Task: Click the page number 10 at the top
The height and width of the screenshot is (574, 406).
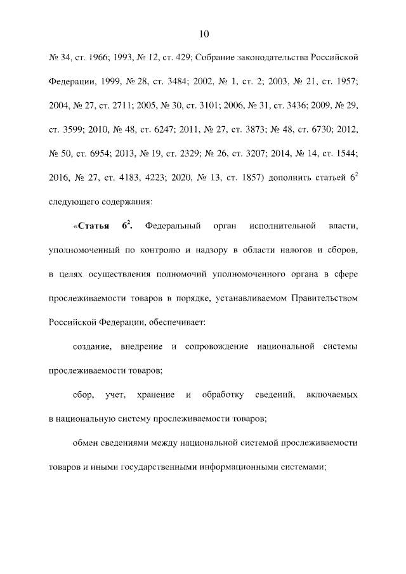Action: pyautogui.click(x=204, y=34)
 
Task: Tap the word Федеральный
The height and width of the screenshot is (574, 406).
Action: pyautogui.click(x=173, y=226)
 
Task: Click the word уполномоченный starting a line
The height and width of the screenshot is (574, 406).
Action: pyautogui.click(x=85, y=250)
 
